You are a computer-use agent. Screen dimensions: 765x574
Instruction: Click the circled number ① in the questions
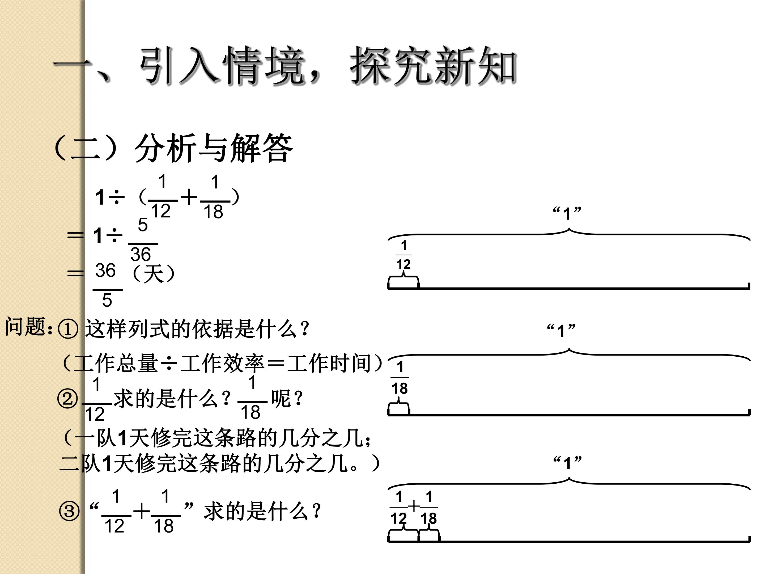[x=68, y=329]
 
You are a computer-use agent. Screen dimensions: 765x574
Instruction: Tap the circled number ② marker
[x=67, y=399]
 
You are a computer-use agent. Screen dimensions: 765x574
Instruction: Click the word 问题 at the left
[x=25, y=326]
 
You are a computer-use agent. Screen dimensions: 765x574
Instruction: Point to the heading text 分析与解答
[x=214, y=148]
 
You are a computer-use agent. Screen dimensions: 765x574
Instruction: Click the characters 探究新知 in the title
[x=433, y=66]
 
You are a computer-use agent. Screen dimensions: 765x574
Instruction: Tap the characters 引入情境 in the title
[x=221, y=66]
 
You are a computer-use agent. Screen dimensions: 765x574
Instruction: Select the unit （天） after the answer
[x=154, y=274]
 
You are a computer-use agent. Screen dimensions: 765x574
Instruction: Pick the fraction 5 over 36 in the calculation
[x=143, y=239]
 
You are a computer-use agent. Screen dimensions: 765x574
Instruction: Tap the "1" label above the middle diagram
[x=561, y=330]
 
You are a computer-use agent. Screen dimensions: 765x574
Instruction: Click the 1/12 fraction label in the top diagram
[x=403, y=255]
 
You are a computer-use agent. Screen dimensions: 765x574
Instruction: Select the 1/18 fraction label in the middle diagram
[x=400, y=377]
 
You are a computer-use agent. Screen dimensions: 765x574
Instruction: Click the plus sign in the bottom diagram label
[x=414, y=507]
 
